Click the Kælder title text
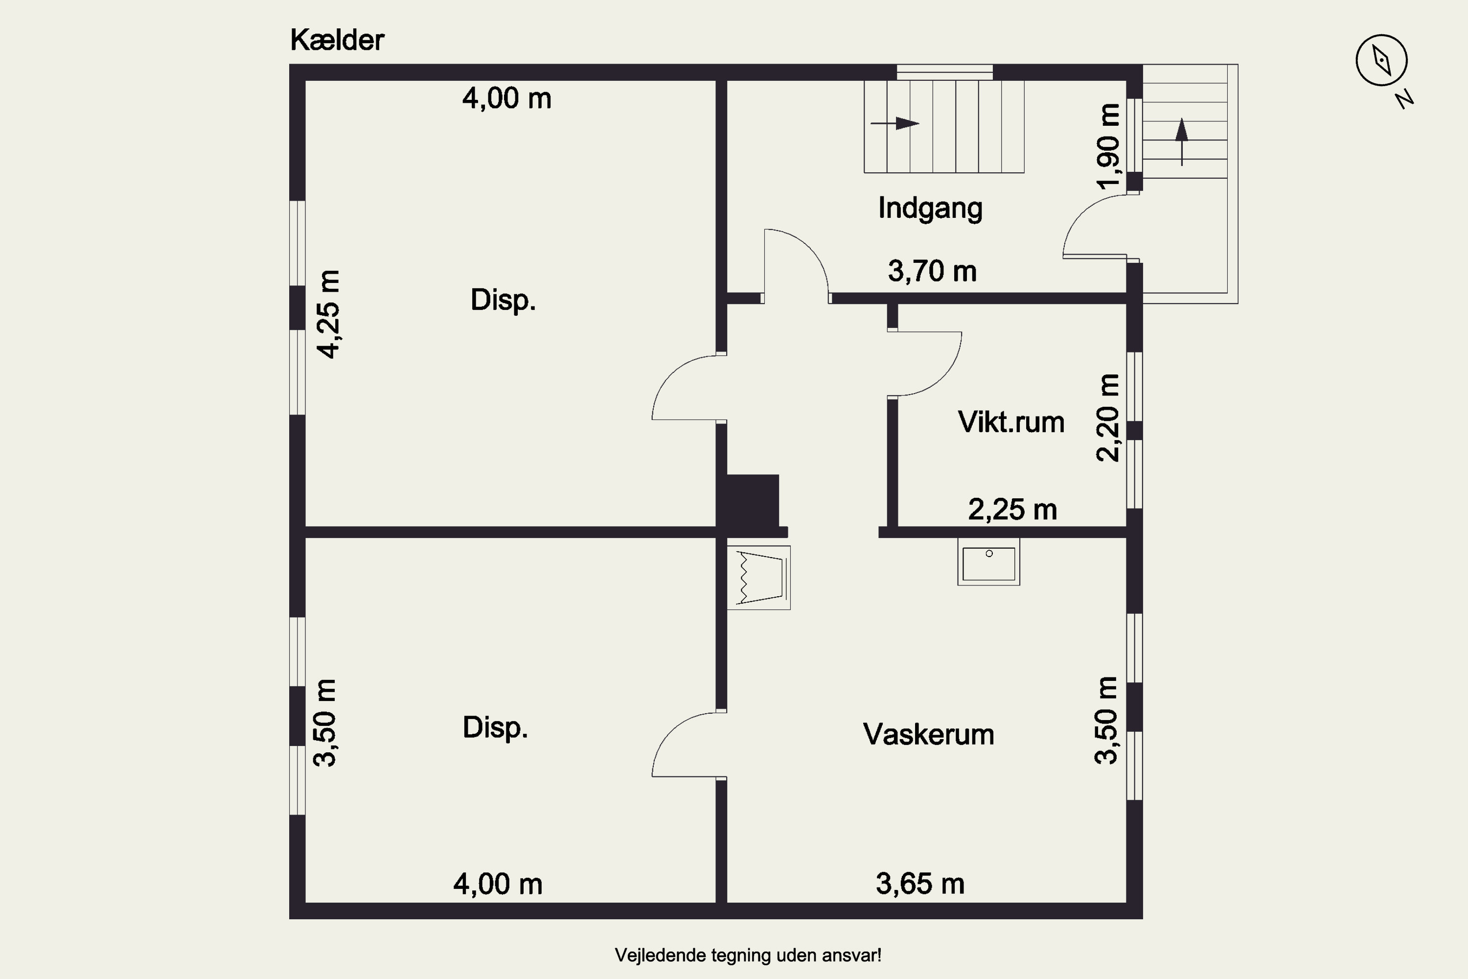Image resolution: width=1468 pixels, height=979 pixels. pos(337,40)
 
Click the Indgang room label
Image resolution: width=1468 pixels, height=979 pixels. pos(930,208)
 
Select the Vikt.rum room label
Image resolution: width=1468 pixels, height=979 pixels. pos(1010,422)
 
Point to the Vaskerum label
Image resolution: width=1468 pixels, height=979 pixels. pos(928,734)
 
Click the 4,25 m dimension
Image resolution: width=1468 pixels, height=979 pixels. pos(328,314)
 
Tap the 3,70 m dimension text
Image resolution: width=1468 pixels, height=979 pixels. pos(932,271)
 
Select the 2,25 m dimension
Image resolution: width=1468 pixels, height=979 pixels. pos(1012,510)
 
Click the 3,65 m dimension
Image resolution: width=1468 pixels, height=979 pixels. pos(920,884)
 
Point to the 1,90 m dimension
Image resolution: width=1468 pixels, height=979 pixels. pos(1108,147)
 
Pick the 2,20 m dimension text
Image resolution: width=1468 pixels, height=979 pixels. pos(1108,418)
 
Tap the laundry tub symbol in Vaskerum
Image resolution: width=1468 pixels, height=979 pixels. pos(759,578)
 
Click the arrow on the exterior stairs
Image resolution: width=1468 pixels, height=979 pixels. pos(1182,141)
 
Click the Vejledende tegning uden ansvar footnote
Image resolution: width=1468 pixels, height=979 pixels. pos(748,956)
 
